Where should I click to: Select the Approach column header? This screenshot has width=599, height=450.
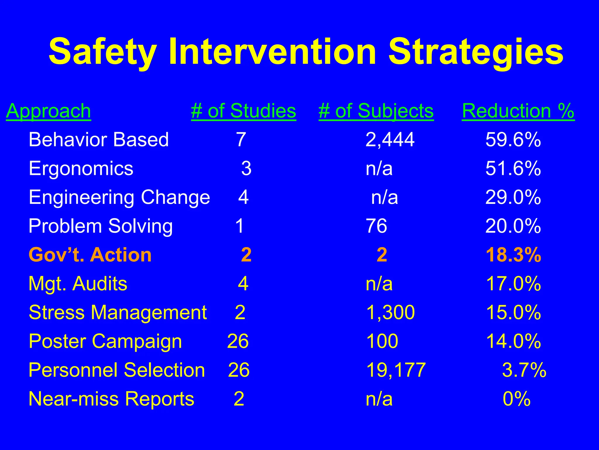point(48,111)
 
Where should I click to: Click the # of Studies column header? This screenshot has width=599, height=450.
point(243,111)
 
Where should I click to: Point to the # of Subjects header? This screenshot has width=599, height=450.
point(376,111)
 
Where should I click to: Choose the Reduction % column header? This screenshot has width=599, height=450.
point(518,111)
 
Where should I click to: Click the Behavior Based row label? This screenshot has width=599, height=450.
point(99,139)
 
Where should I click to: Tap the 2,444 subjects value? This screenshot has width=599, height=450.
point(390,139)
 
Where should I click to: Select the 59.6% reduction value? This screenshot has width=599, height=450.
point(513,139)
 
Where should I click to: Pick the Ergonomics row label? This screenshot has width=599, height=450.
point(81,168)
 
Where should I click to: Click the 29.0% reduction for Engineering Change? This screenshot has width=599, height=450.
point(513,197)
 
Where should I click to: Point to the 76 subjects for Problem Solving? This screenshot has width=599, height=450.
point(376,226)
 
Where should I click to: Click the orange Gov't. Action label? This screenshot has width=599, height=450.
point(90,255)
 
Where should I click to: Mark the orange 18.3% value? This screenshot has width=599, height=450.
point(513,255)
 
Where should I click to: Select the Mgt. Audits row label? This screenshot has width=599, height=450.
point(78,284)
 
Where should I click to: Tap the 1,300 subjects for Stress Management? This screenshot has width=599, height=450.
point(390,312)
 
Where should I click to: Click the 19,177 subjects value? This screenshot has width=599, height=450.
point(396,370)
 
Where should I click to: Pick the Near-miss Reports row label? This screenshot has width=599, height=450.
point(111,399)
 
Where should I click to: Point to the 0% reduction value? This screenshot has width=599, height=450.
point(517,399)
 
